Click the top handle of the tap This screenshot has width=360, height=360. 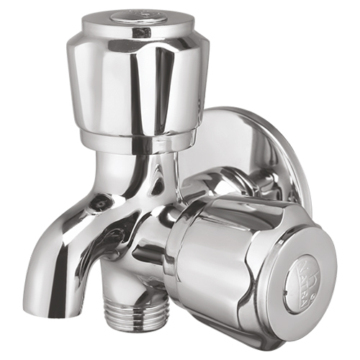pyautogui.click(x=137, y=72)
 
